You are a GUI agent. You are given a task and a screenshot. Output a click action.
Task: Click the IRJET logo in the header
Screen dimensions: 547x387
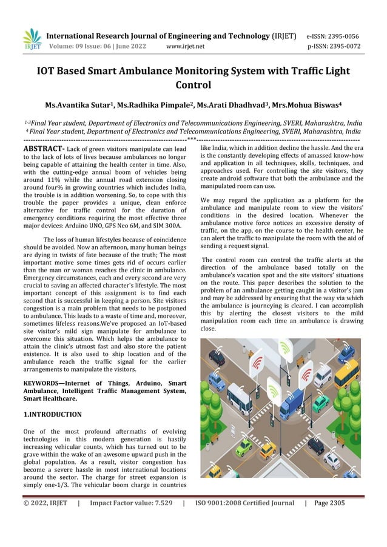[x=32, y=39]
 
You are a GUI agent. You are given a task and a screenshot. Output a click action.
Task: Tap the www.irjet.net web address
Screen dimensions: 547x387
[x=185, y=45]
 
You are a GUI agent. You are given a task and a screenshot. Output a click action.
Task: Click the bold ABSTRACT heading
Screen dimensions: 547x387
[x=43, y=148]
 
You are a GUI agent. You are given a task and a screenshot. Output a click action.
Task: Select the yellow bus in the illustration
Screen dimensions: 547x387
[x=346, y=374]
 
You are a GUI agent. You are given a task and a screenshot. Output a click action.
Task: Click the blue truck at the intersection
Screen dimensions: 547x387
[x=292, y=403]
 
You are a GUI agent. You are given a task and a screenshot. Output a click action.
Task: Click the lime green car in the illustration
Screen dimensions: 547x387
[x=244, y=446]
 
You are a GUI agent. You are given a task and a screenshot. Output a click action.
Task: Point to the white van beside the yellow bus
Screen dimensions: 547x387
[x=323, y=377]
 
